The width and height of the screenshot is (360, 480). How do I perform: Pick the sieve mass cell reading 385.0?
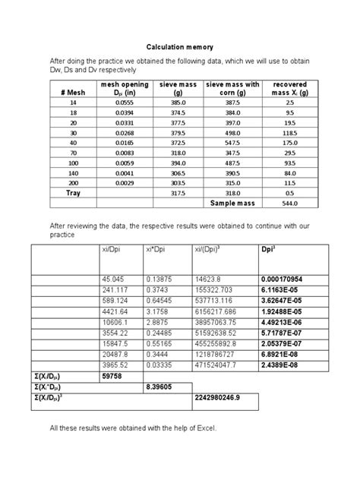[x=178, y=101]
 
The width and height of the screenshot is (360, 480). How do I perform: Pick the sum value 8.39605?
[x=161, y=387]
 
